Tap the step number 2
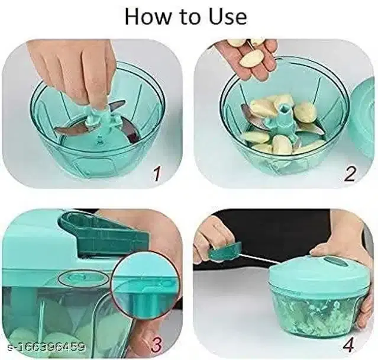click(x=350, y=173)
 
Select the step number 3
click(x=157, y=344)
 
